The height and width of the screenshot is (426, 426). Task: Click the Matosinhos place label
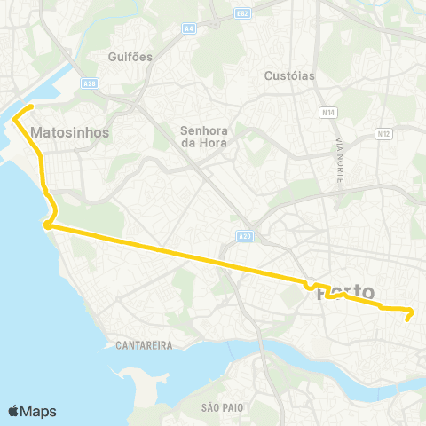point(69,132)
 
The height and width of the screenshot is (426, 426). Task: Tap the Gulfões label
point(130,57)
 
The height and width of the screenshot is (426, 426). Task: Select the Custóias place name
point(289,75)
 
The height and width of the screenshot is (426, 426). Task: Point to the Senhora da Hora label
point(204,136)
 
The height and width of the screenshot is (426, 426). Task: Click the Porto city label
point(345,292)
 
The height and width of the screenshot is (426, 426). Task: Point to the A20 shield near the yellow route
point(245,236)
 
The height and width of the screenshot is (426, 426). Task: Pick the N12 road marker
point(383,134)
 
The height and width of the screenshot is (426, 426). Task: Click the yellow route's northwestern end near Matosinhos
point(31,107)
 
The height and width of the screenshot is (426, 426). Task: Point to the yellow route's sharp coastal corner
point(44,225)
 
